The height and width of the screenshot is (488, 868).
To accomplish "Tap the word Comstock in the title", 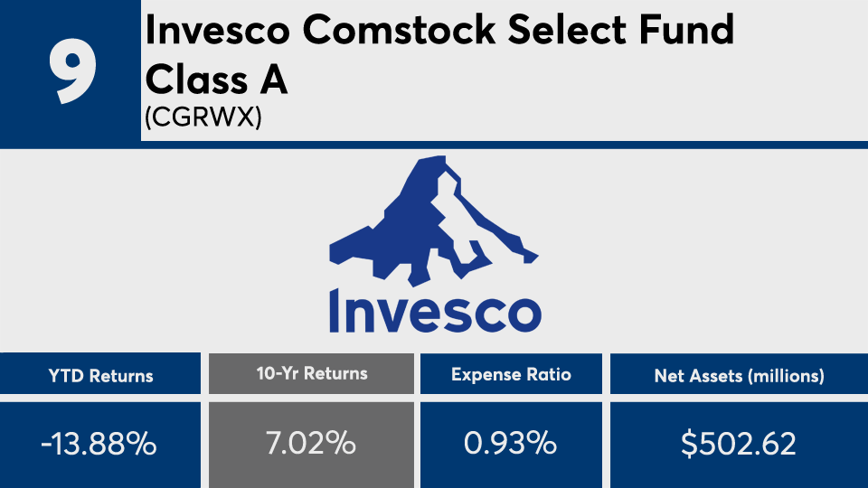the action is pos(399,29).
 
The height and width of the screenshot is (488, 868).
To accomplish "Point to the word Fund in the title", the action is pos(686,29).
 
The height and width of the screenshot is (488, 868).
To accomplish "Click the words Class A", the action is pos(216,80).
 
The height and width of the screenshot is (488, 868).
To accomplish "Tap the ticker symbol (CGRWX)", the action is pos(203,117).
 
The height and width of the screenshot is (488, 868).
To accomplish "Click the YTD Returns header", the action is pos(100,376).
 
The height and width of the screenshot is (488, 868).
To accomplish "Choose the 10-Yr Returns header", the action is pos(312,373).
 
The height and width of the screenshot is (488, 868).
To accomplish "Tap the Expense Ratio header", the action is pos(511,374).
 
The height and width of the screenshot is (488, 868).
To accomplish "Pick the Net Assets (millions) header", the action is pos(739,376).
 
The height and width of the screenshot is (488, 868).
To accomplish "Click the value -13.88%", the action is pos(99,443).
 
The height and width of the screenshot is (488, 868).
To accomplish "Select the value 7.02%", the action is pos(310,443).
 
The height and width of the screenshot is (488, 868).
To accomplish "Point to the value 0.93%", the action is pos(510,443).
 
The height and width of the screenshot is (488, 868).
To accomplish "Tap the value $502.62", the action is pos(739,443).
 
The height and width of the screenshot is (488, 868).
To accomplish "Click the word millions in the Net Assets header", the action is pos(786,376).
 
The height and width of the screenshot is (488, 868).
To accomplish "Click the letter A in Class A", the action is pos(273,80).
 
